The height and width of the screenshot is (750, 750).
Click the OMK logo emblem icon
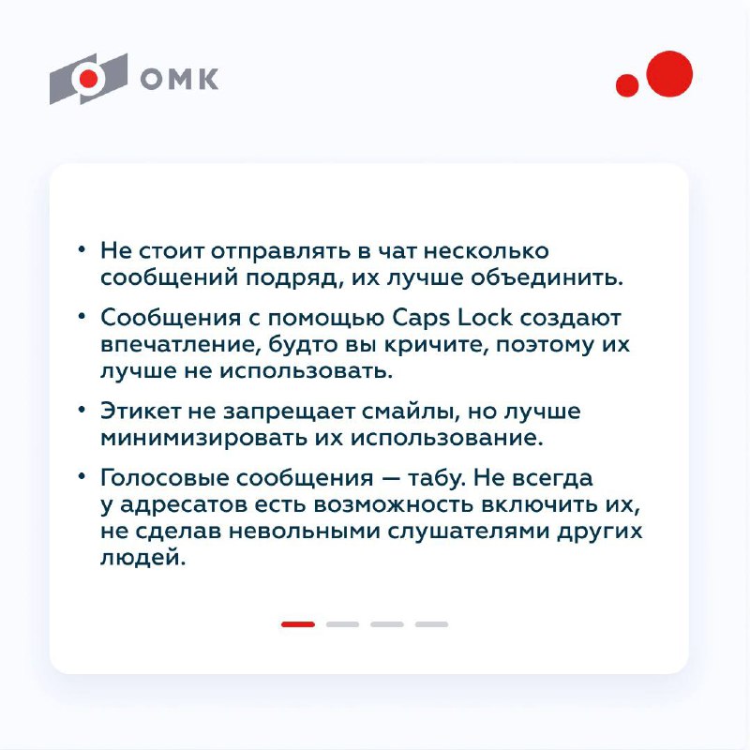(x=87, y=79)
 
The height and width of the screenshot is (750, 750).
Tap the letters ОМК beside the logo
(x=179, y=80)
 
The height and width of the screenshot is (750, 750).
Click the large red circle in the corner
(x=669, y=73)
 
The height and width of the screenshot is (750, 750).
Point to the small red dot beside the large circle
(x=627, y=85)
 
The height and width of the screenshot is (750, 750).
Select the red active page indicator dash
(x=298, y=623)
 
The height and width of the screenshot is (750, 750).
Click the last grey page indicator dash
(x=432, y=623)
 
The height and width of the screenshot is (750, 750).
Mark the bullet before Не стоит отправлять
(x=82, y=252)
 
